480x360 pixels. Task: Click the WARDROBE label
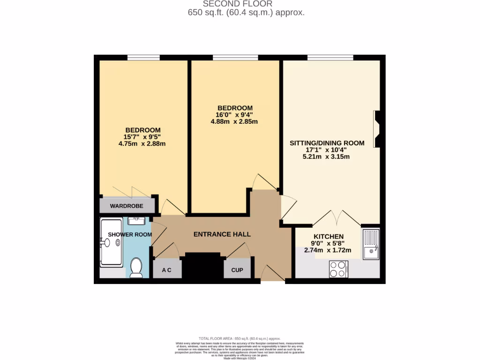coord(127,206)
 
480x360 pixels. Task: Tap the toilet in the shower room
coord(136,268)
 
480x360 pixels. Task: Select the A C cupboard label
coord(166,270)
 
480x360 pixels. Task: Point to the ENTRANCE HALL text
coord(222,234)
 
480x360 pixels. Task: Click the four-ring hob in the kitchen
coord(338,270)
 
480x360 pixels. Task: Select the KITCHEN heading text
coord(329,237)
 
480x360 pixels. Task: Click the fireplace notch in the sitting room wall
coord(377,129)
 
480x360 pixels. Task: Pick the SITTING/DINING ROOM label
coord(327,143)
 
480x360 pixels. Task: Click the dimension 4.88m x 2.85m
coord(234,122)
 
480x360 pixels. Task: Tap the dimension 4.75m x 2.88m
coord(142,144)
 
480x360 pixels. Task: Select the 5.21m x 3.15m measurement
coord(326,157)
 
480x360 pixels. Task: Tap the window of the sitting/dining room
coord(330,58)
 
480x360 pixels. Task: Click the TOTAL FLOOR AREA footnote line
coord(240,338)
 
